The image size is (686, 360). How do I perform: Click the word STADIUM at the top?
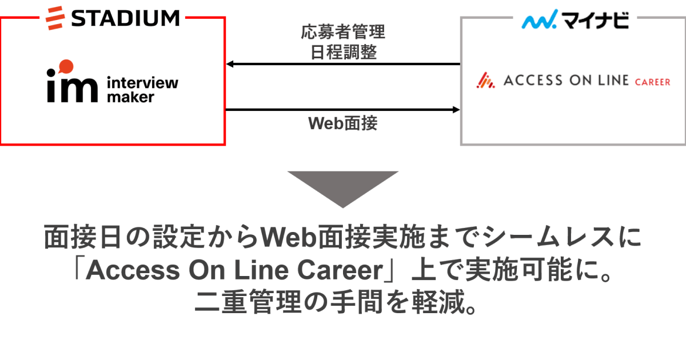126,18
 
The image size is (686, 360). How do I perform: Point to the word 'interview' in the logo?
142,82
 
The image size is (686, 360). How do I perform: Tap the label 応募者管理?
343,32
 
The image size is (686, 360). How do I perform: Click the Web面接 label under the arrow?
343,123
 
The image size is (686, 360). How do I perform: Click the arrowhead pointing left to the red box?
230,64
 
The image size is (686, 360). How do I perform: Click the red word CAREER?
652,82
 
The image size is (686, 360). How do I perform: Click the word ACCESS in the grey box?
533,81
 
